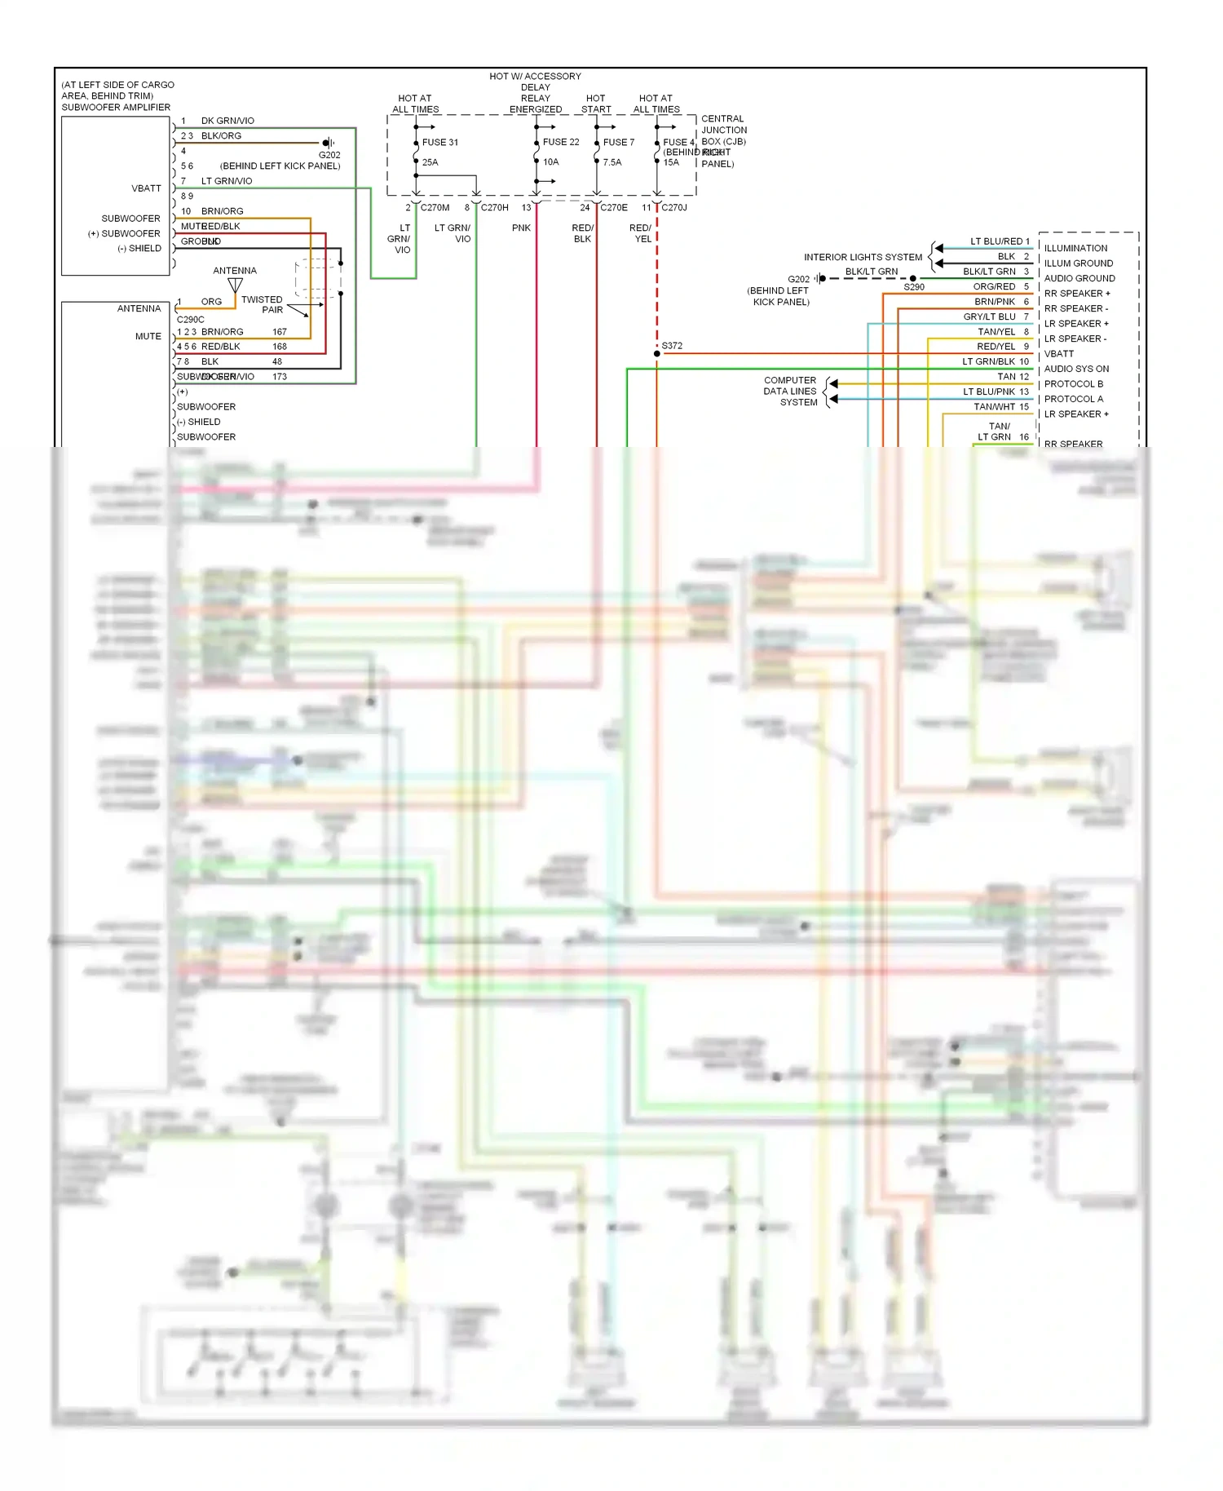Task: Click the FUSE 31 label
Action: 439,142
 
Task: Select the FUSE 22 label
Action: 561,142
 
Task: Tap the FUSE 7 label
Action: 618,142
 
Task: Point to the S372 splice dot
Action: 657,353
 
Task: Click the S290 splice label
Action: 914,287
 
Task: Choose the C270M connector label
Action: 435,207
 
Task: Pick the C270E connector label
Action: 614,207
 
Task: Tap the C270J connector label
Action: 674,207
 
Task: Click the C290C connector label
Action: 191,320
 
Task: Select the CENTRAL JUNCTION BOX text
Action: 723,130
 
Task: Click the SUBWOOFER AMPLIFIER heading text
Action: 116,107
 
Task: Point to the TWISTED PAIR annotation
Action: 263,304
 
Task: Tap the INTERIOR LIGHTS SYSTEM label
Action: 863,257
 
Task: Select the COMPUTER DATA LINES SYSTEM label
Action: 790,392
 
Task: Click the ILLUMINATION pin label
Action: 1075,248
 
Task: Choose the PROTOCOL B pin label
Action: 1073,384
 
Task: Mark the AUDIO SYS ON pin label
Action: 1076,369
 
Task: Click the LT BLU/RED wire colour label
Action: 996,241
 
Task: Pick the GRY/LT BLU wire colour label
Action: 989,316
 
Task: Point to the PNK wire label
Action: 521,228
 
